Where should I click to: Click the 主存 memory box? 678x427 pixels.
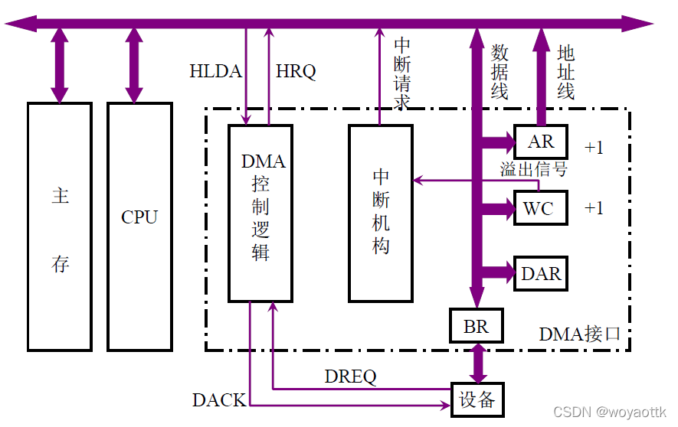pos(60,227)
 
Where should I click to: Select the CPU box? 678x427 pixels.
pos(139,227)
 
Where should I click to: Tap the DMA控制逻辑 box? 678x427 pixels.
pos(261,213)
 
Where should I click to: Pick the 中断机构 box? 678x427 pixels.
pos(381,213)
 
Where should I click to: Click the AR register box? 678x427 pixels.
pos(541,142)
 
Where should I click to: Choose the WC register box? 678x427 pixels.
pos(541,208)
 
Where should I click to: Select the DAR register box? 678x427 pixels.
pos(541,273)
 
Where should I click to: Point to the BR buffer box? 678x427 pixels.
pos(476,327)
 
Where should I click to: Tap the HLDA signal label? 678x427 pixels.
pos(215,72)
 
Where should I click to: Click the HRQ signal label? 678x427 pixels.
pos(296,72)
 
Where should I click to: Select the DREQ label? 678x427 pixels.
pos(351,376)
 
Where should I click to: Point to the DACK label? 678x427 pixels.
pos(219,399)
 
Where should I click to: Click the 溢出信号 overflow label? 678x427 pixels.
pos(534,169)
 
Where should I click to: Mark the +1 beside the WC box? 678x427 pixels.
pos(594,208)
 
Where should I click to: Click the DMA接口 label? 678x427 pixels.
pos(579,334)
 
